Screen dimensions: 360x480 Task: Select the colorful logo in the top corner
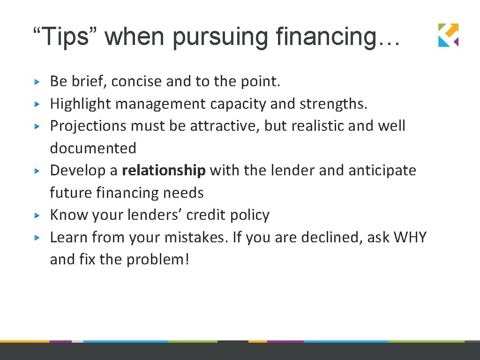[x=448, y=35]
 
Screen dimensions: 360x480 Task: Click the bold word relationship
[x=164, y=171]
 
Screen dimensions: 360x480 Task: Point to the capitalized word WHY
[x=410, y=238]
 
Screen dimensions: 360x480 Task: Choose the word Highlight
[x=80, y=104]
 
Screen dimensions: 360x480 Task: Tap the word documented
[x=93, y=149]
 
